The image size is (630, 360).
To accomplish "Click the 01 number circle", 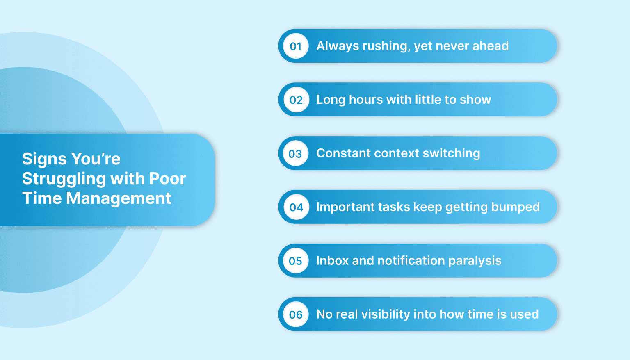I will [296, 46].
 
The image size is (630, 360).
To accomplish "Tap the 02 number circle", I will [296, 100].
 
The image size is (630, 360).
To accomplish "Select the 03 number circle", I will [296, 154].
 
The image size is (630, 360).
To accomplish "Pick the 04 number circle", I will [296, 207].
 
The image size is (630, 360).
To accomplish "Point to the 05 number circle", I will [296, 261].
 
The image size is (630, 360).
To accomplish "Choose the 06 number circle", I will [296, 314].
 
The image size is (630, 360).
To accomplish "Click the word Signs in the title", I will [44, 159].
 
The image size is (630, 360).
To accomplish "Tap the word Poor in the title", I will [167, 179].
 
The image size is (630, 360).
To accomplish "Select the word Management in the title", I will [119, 198].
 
